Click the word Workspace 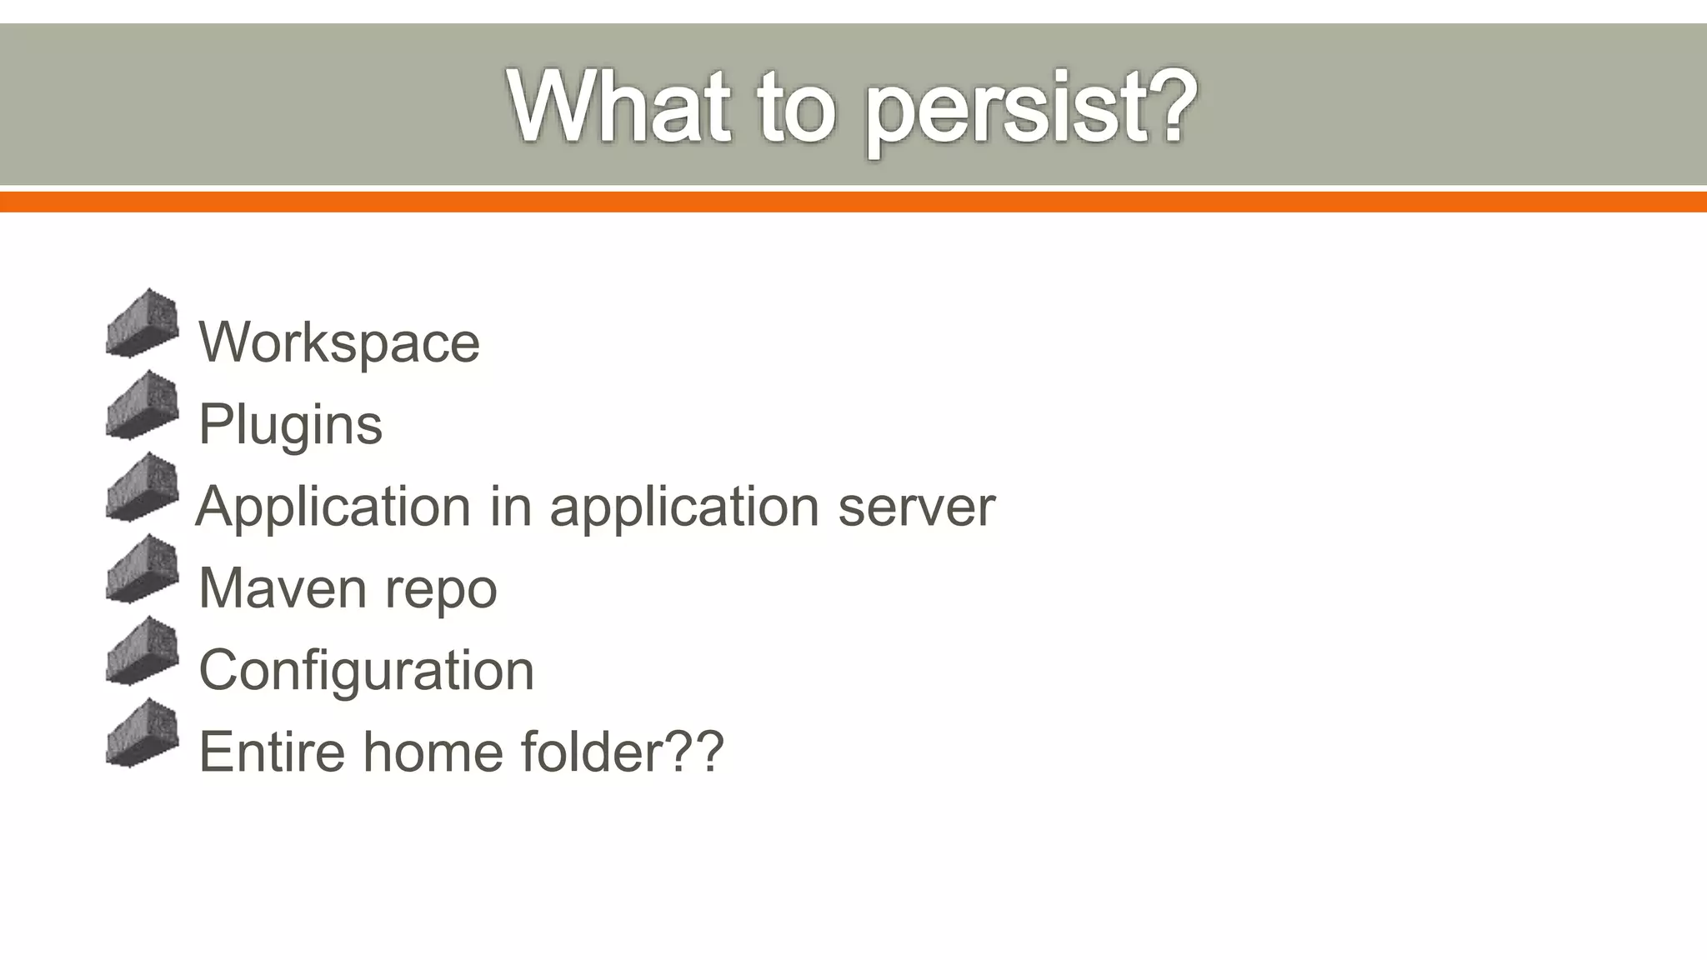pyautogui.click(x=339, y=342)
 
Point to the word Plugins pyautogui.click(x=290, y=424)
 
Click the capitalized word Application pyautogui.click(x=333, y=506)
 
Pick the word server pyautogui.click(x=916, y=506)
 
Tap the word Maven pyautogui.click(x=282, y=587)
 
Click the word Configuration pyautogui.click(x=366, y=669)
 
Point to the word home pyautogui.click(x=433, y=751)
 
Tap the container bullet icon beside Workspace pyautogui.click(x=143, y=323)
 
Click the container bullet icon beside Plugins pyautogui.click(x=143, y=405)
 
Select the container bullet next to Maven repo pyautogui.click(x=143, y=569)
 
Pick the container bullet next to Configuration pyautogui.click(x=143, y=651)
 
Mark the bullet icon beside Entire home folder pyautogui.click(x=143, y=732)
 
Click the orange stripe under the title pyautogui.click(x=853, y=202)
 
